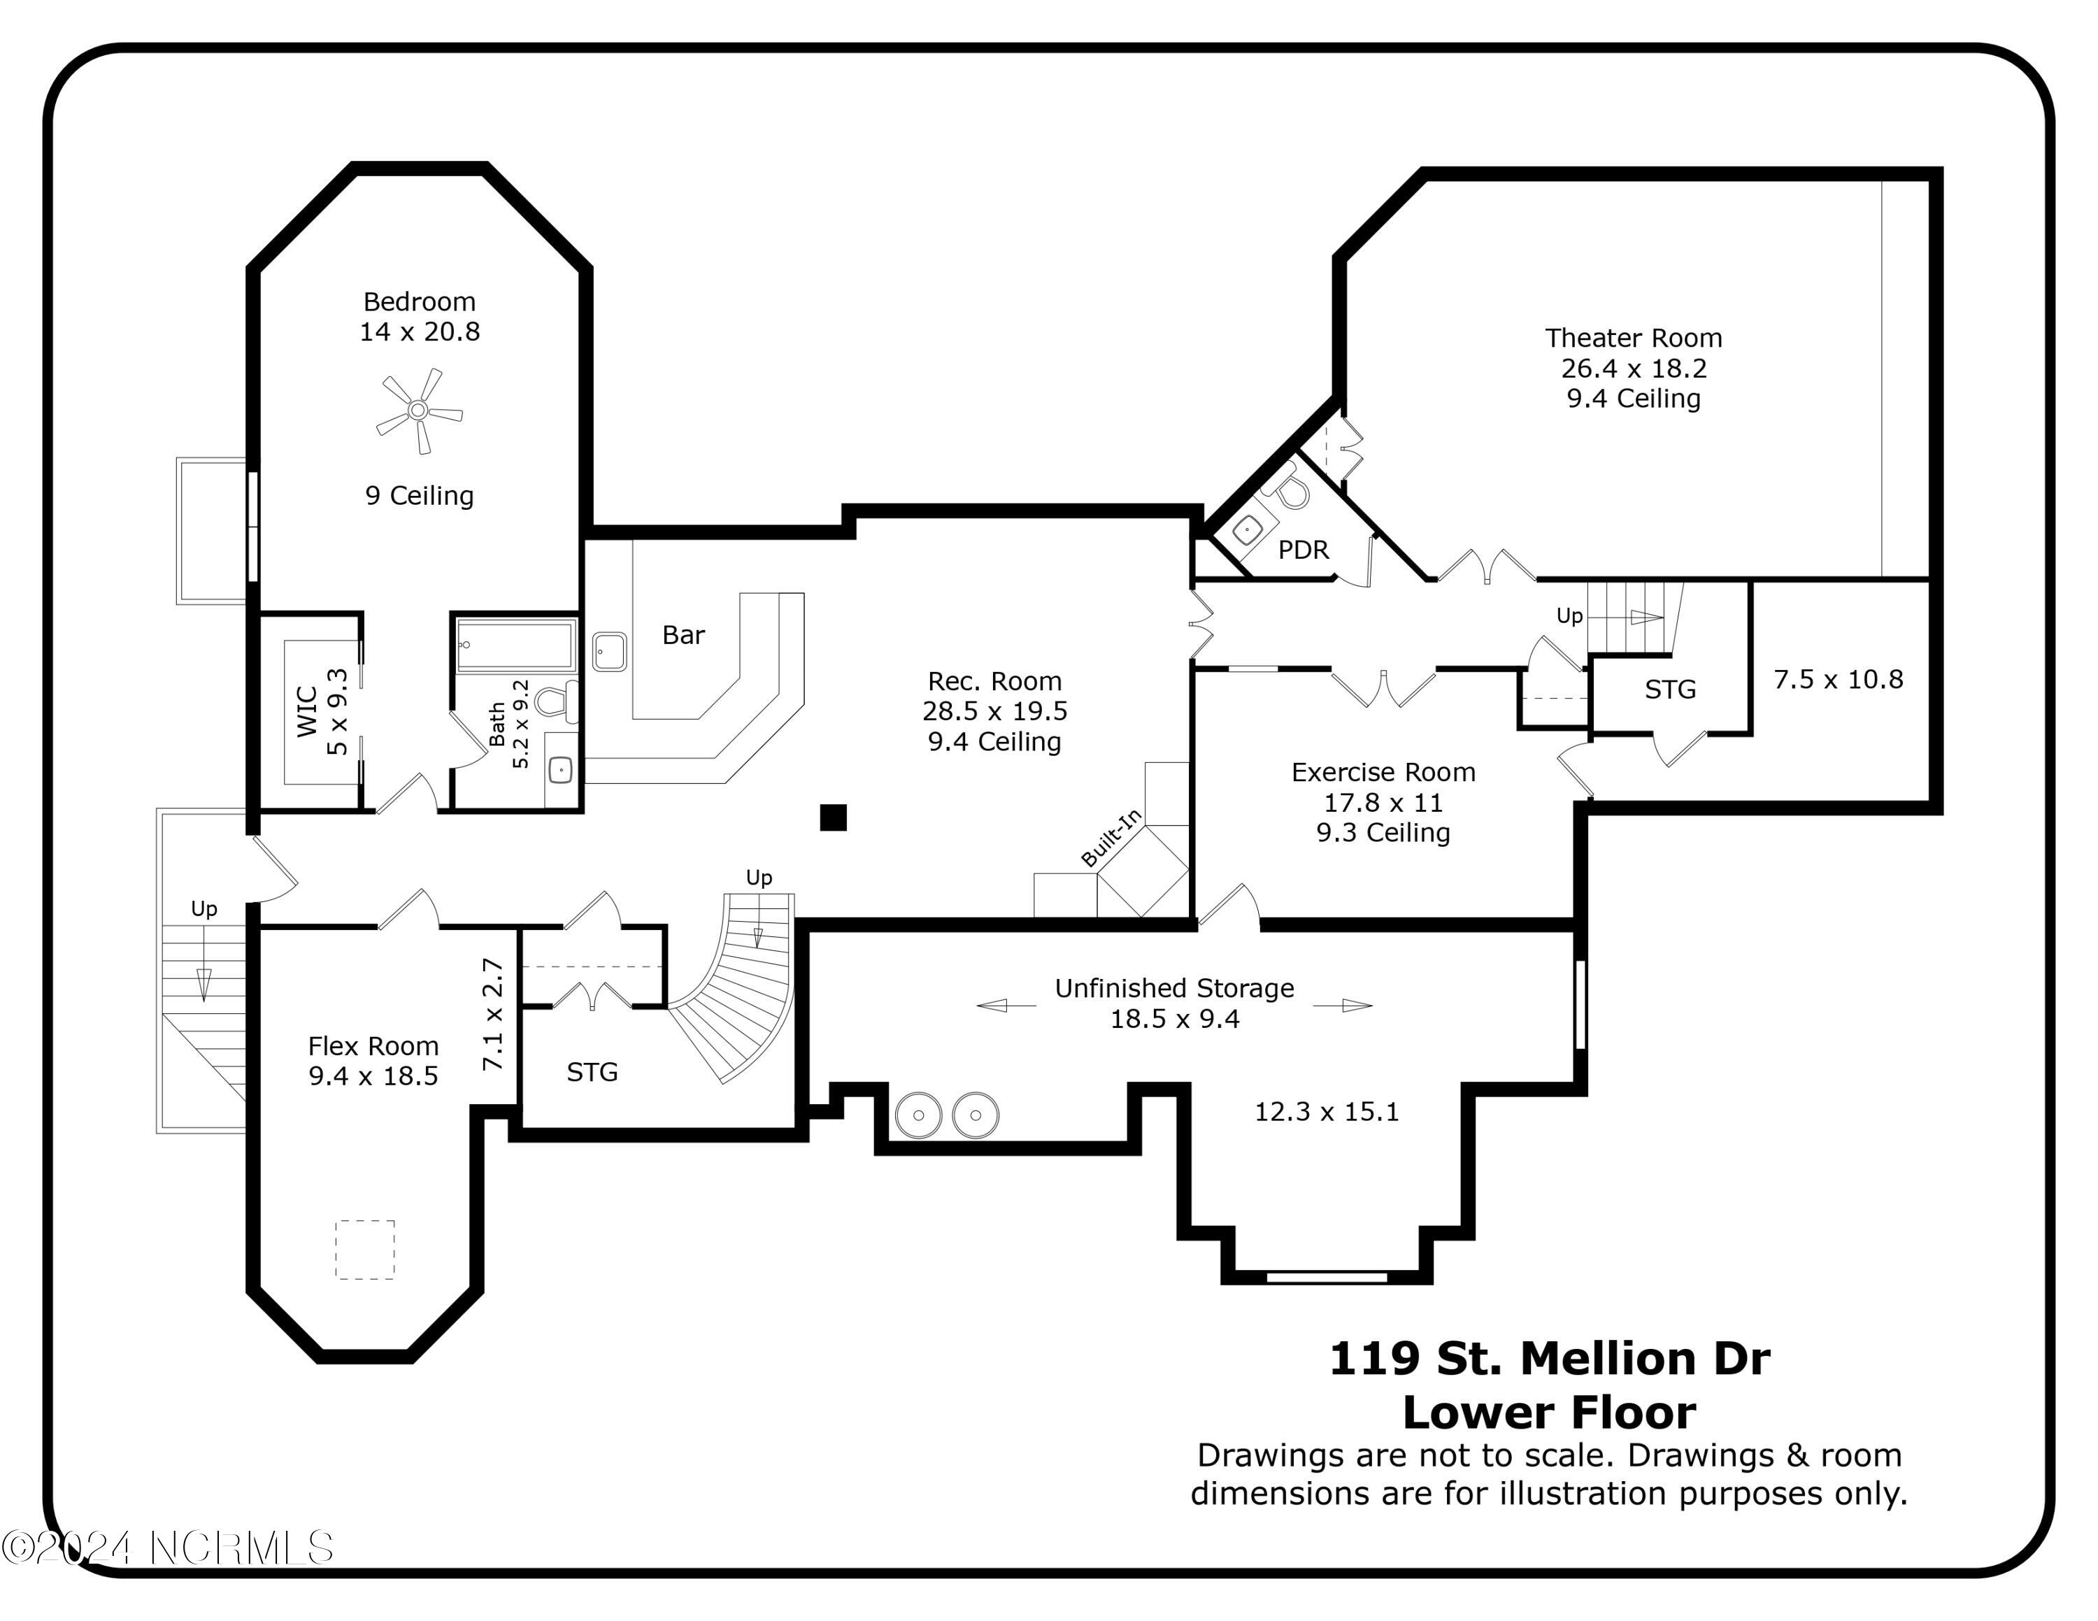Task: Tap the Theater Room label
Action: [1633, 338]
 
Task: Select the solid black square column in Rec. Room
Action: [833, 817]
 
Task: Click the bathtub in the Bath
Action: [517, 645]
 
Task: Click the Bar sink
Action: [609, 651]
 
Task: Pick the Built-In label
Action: [1111, 837]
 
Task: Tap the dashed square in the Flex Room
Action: [365, 1250]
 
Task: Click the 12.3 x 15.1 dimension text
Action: [1326, 1112]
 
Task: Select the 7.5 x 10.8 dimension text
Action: [1838, 680]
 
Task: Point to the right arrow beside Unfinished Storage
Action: [1343, 1006]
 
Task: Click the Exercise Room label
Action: [1383, 772]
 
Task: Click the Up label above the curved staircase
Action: [759, 878]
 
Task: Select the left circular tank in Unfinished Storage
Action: [918, 1115]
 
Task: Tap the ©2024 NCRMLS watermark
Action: [167, 1548]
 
